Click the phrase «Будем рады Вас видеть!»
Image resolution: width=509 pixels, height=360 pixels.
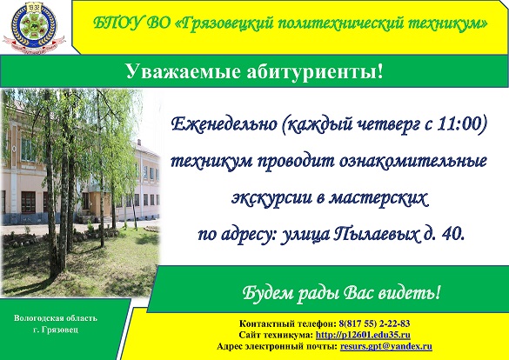click(x=340, y=290)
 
